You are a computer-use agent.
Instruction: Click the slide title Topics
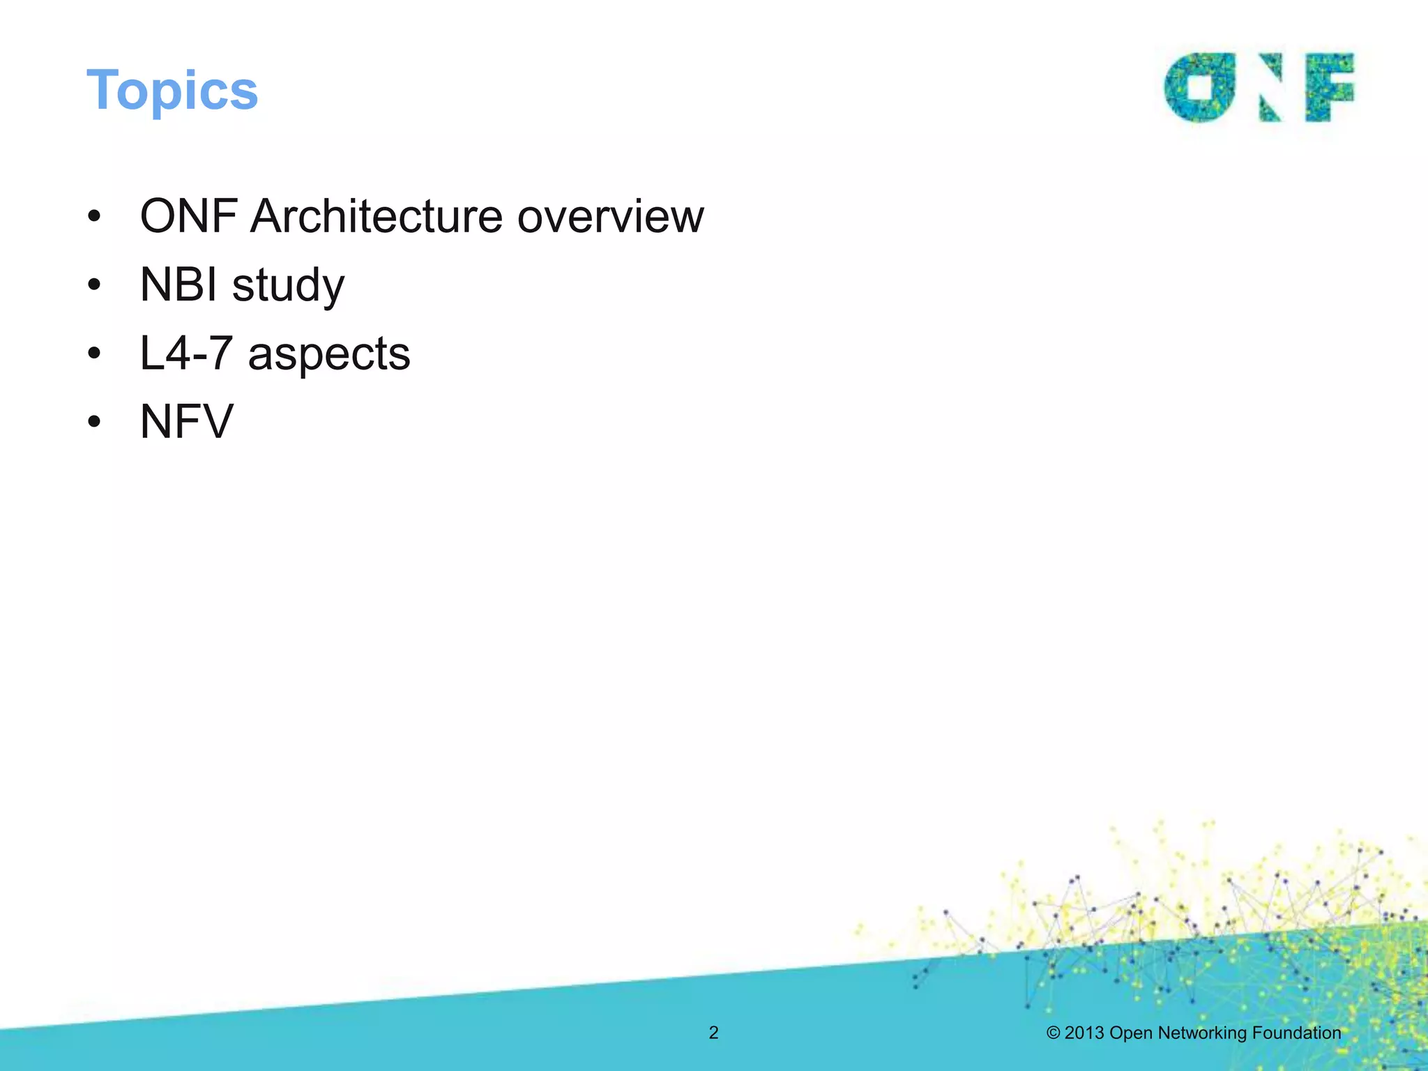(x=172, y=91)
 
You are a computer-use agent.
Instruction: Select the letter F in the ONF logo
(x=1329, y=87)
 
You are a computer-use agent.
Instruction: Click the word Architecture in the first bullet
(x=376, y=216)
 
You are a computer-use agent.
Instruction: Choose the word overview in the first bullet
(x=610, y=216)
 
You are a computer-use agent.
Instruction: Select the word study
(x=288, y=286)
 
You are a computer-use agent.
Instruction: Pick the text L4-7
(x=186, y=353)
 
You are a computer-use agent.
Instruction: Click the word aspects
(x=329, y=354)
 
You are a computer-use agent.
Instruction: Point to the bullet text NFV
(x=186, y=421)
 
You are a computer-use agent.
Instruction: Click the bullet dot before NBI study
(x=95, y=284)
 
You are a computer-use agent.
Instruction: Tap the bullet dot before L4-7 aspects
(x=95, y=353)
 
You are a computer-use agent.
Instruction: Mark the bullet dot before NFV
(x=95, y=421)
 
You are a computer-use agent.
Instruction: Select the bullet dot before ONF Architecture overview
(x=95, y=216)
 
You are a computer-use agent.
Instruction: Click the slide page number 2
(x=713, y=1033)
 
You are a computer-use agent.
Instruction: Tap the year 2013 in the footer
(x=1084, y=1033)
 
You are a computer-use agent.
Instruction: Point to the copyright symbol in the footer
(x=1053, y=1033)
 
